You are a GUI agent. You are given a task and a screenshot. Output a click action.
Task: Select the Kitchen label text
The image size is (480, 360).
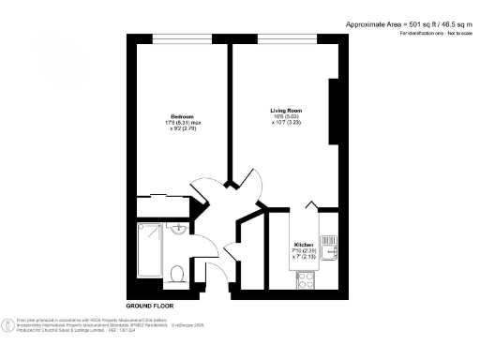coord(305,244)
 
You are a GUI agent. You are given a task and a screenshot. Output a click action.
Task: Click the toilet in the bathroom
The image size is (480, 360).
coord(178,273)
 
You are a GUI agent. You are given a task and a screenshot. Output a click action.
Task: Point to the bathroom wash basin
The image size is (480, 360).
coord(178,230)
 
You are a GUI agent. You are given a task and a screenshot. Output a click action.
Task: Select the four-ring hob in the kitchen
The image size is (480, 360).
coord(305,277)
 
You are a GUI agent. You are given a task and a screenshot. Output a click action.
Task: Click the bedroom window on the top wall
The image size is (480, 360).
coord(178,39)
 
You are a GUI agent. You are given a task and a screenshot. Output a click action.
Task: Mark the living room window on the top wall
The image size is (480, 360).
coord(286,39)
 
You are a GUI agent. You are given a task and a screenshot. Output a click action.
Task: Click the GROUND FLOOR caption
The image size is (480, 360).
coord(149,306)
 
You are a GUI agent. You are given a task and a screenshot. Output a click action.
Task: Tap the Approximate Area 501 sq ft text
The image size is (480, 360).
coord(407,22)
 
